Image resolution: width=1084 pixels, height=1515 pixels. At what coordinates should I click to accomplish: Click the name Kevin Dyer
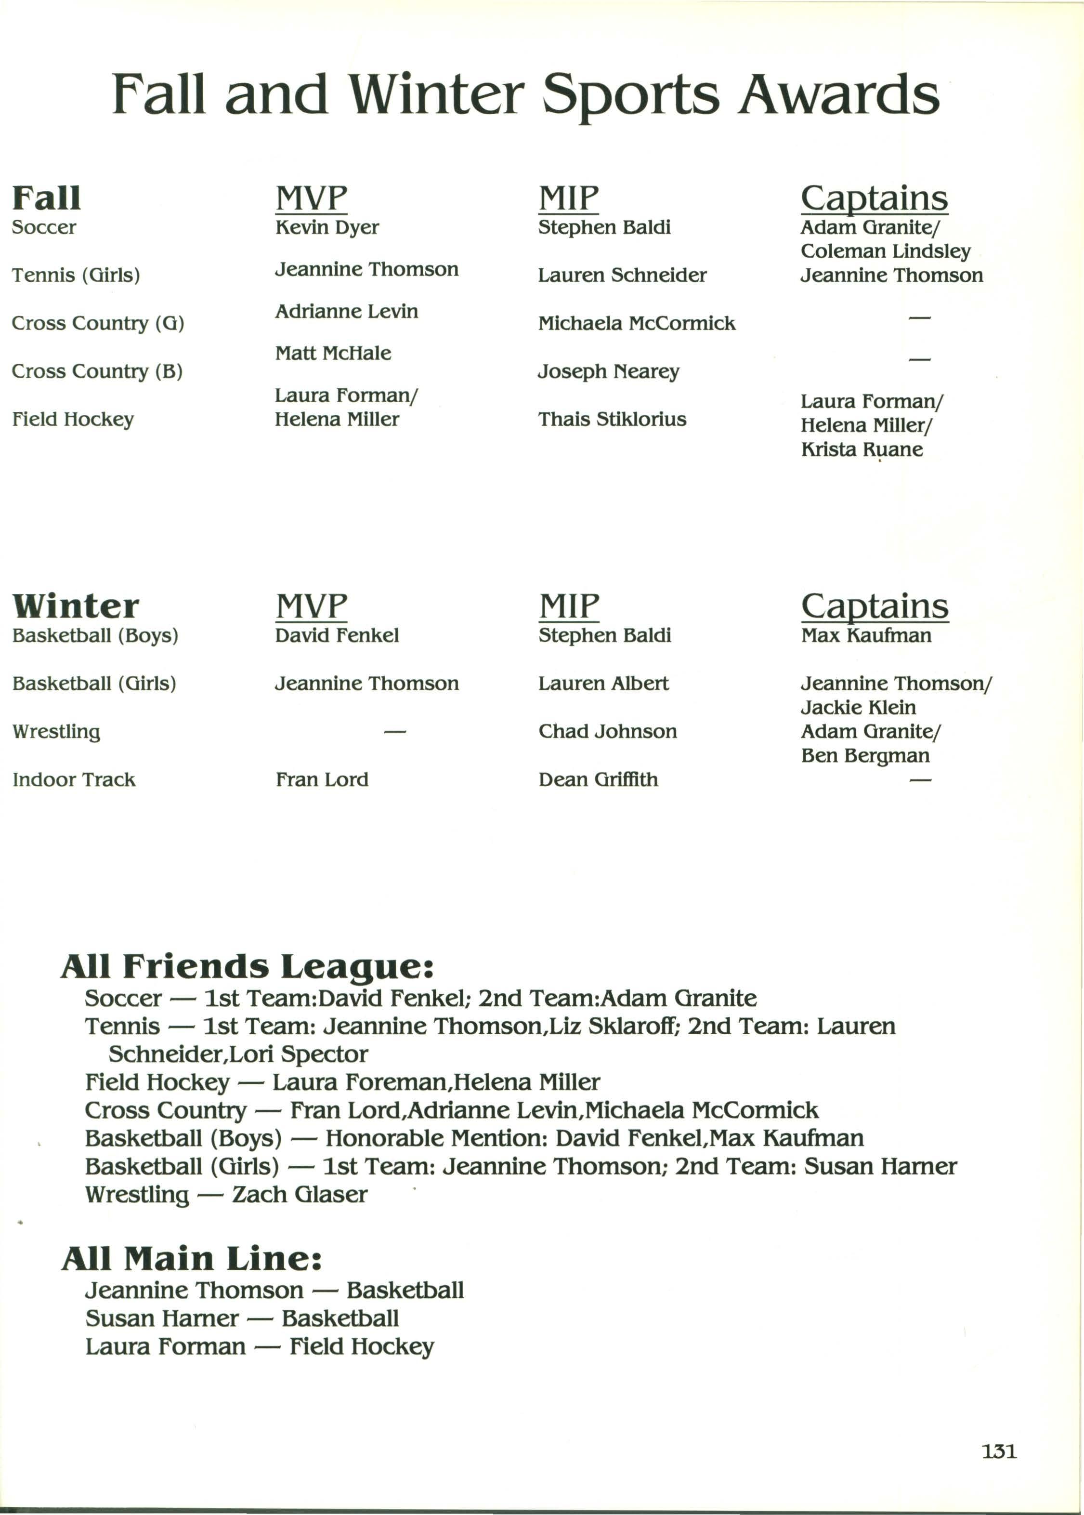(327, 228)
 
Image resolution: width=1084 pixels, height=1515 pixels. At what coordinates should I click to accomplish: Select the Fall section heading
(46, 198)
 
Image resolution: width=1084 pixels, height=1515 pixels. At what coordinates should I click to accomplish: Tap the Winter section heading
(76, 606)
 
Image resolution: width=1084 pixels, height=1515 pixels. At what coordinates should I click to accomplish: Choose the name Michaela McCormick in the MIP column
(636, 324)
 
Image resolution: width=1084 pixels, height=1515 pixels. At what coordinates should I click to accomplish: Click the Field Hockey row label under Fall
(73, 419)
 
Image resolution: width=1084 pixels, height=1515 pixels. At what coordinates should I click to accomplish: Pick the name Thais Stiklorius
(612, 419)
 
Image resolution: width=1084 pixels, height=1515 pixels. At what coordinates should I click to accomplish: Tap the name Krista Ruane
(861, 449)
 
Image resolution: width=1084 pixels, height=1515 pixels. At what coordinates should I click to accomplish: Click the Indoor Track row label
(73, 780)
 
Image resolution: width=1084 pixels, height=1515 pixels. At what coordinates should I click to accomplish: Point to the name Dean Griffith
(598, 780)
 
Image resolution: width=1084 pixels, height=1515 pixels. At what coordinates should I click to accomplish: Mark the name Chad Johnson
(607, 732)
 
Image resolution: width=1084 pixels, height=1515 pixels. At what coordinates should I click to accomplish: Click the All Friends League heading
(247, 966)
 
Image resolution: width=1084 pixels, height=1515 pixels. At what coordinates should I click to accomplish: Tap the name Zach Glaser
(300, 1195)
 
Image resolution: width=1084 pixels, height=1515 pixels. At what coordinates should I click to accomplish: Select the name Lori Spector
(325, 1054)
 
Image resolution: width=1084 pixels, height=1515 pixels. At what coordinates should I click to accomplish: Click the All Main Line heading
(192, 1259)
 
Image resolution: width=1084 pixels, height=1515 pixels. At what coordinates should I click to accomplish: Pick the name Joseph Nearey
(608, 372)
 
